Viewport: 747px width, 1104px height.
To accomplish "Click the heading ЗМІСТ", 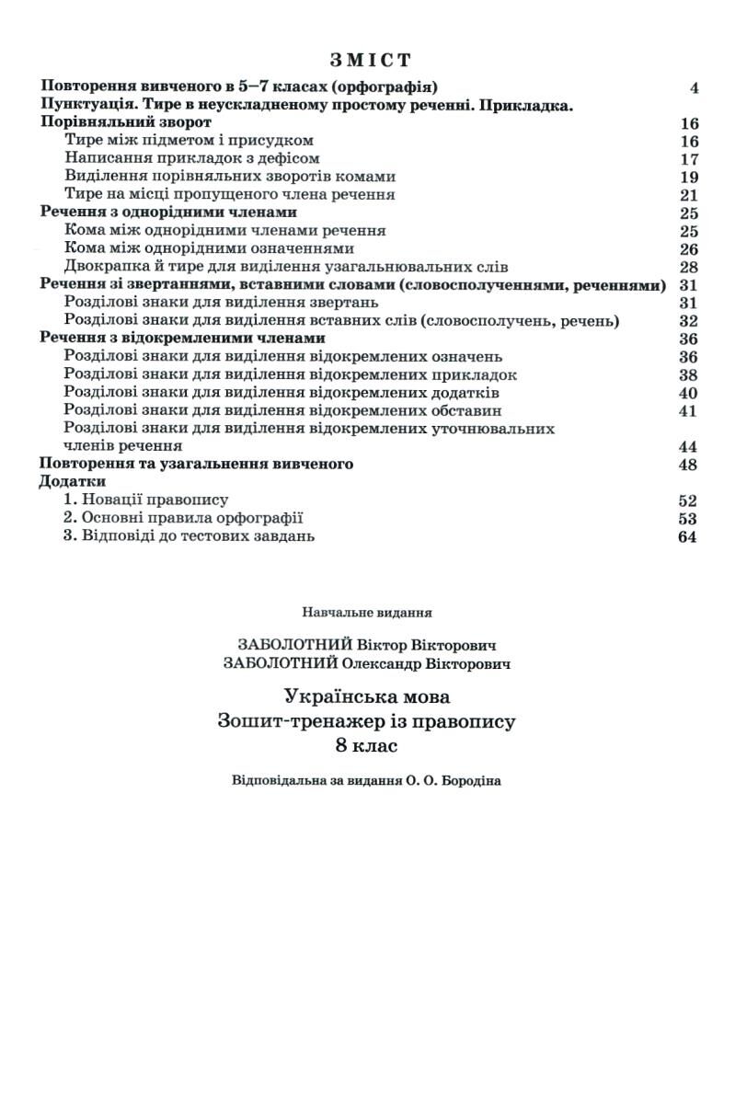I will point(370,61).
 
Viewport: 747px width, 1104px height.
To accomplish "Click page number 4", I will point(694,88).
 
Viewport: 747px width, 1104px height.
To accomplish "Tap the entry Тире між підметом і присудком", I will point(190,141).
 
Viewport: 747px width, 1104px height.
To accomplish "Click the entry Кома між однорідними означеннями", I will point(210,248).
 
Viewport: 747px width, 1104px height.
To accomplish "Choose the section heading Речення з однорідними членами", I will point(169,213).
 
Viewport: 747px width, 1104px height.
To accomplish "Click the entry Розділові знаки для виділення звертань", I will point(222,303).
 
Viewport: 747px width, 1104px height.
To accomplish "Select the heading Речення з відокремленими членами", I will point(182,339).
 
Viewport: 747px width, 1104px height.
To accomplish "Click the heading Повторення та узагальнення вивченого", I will point(197,465).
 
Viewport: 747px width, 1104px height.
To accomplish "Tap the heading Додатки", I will point(73,482).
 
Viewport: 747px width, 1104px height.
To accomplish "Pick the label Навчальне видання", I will point(366,611).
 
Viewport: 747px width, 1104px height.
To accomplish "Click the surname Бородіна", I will point(466,781).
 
